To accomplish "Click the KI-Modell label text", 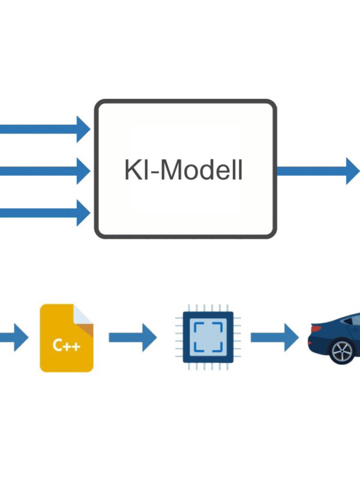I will [184, 170].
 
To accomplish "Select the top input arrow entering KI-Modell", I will [42, 128].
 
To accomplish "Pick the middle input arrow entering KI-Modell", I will [42, 171].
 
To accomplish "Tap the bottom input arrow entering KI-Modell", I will [42, 211].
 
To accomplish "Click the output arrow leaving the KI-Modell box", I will [318, 170].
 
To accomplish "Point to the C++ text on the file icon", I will [66, 346].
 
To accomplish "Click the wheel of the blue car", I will [343, 351].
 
